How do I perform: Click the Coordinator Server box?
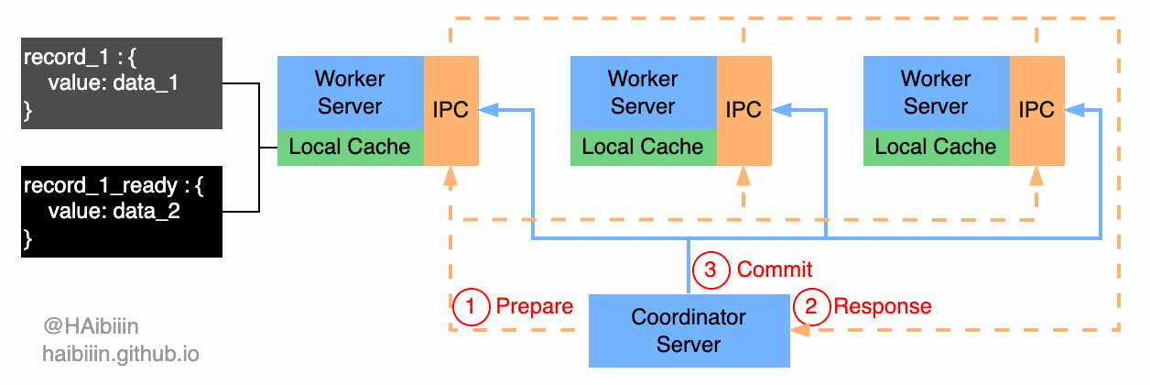pos(689,331)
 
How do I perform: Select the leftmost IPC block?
pos(450,110)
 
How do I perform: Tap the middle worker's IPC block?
pos(743,110)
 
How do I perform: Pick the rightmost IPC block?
pos(1036,110)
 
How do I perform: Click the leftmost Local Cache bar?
pos(350,148)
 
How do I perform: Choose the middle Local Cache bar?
pos(643,148)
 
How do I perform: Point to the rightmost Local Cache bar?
pos(936,148)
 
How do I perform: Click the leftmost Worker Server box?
pos(350,93)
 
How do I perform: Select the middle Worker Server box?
pos(643,93)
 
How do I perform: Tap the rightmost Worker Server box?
pos(936,93)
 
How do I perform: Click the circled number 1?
pos(471,306)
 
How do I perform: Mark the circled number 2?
pos(811,306)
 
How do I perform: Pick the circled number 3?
pos(711,269)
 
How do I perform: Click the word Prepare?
pos(534,306)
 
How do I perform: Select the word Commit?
pos(775,269)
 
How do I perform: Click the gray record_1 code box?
pos(122,83)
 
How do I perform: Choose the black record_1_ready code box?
pos(122,212)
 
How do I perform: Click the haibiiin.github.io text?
pos(120,354)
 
